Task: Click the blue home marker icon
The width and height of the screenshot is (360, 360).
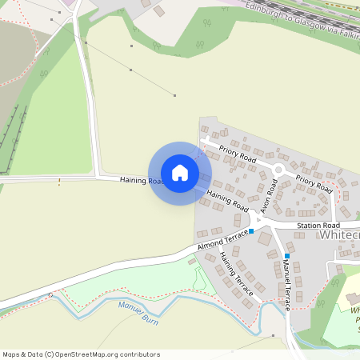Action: pos(180,173)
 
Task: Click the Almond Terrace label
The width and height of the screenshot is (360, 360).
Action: pos(223,238)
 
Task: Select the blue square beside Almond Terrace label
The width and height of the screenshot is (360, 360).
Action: pos(251,231)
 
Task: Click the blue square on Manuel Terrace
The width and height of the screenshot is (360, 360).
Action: pos(286,256)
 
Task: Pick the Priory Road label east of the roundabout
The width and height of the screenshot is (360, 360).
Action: pos(313,183)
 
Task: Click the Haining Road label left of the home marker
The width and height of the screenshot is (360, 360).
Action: pos(141,181)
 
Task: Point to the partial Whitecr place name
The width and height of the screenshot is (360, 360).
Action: pos(340,236)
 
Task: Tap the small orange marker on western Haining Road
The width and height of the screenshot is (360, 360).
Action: pos(59,181)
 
